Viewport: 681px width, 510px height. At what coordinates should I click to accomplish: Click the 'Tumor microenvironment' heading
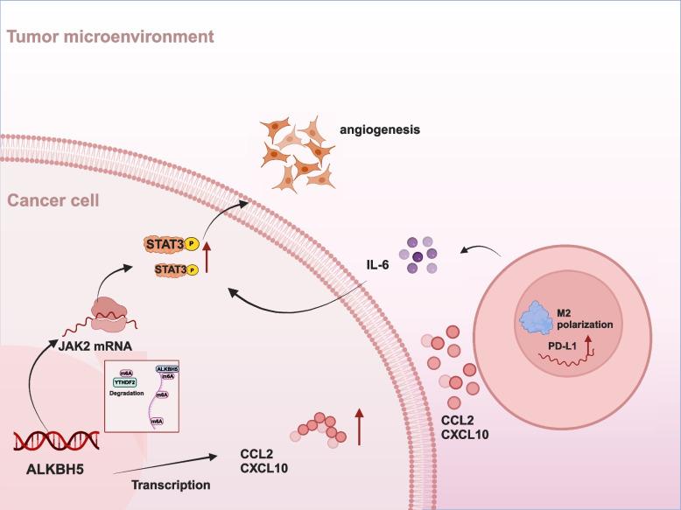tap(109, 37)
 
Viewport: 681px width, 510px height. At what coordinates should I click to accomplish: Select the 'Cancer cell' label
tap(53, 201)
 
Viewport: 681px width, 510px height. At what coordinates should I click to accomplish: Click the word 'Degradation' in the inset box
tap(127, 393)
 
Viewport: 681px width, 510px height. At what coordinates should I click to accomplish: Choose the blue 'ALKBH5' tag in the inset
tap(168, 369)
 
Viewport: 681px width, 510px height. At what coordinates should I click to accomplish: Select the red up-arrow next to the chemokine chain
tap(359, 428)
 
